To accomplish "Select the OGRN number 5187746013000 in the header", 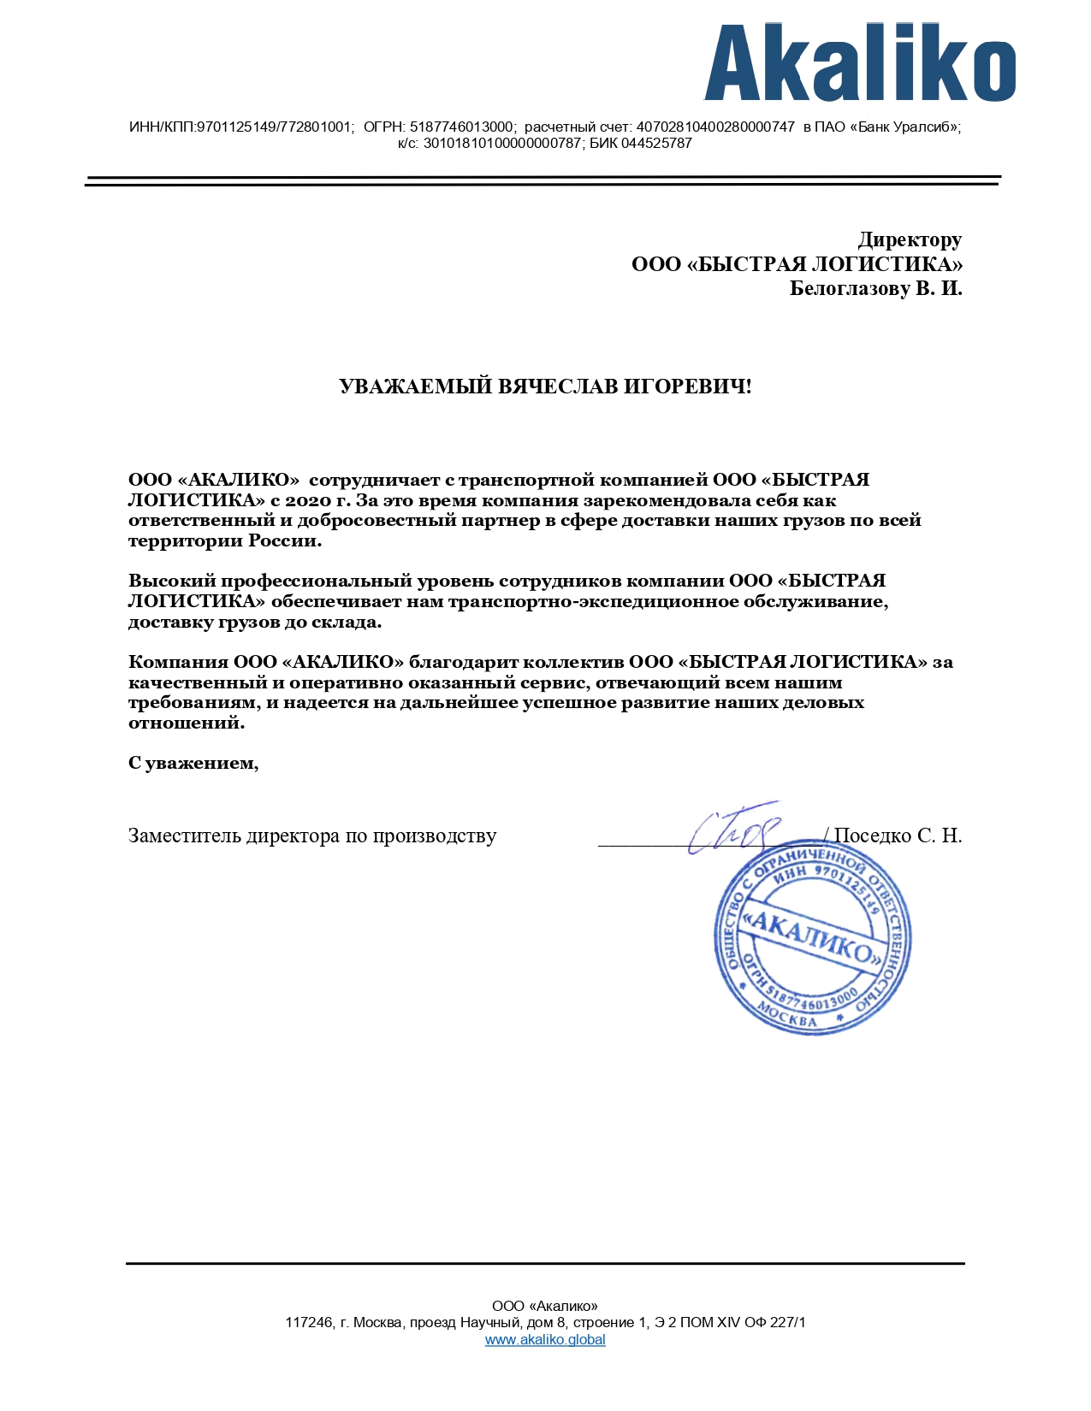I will click(462, 127).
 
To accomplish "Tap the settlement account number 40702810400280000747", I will click(715, 127).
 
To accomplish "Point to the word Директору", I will click(910, 239).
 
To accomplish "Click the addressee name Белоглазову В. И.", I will click(875, 288).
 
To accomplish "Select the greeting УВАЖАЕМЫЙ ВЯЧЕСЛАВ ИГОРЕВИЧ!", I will click(545, 387).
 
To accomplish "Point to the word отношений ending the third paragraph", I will click(185, 723).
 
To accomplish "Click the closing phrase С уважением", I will click(193, 763).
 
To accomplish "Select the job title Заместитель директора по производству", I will click(312, 835).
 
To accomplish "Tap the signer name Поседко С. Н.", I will click(898, 835).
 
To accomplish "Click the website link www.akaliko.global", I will click(545, 1339).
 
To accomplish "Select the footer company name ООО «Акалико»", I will click(545, 1306).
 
